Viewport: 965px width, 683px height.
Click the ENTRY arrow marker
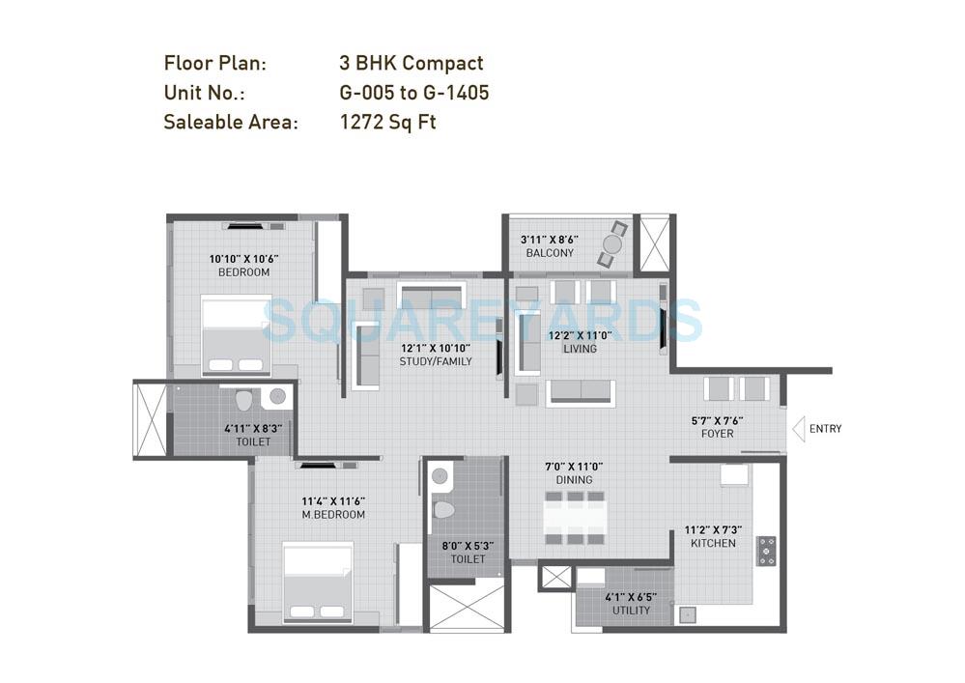(x=798, y=428)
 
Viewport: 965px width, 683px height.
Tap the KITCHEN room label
(x=713, y=543)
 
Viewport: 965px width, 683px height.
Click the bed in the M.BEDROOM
(x=317, y=581)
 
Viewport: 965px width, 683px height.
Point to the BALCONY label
(x=550, y=253)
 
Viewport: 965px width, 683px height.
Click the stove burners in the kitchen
(x=766, y=551)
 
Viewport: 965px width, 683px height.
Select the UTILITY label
(x=631, y=611)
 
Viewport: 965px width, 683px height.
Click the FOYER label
(x=717, y=434)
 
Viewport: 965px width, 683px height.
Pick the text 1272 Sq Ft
(x=387, y=122)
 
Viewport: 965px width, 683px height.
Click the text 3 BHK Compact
(x=411, y=64)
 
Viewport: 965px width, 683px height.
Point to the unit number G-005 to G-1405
(x=413, y=93)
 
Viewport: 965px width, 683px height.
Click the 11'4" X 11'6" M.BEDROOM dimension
(x=332, y=501)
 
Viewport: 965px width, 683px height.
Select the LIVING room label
(x=580, y=349)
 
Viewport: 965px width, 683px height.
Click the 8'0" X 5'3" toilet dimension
(x=468, y=546)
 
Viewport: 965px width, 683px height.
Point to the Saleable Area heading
(x=231, y=122)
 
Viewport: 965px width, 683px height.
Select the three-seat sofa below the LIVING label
(x=579, y=391)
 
